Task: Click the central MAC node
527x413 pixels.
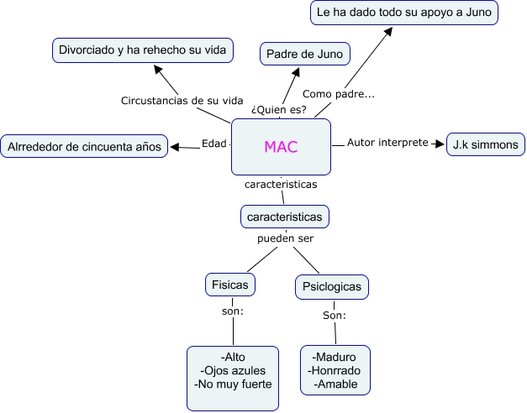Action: [x=281, y=147]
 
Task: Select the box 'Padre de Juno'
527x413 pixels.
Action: [x=305, y=54]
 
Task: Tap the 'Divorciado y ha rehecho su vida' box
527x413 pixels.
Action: [x=143, y=50]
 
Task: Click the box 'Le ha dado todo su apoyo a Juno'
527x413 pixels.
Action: [x=404, y=13]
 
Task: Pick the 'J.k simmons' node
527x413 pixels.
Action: [x=486, y=144]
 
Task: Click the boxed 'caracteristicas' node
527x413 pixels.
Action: [x=284, y=217]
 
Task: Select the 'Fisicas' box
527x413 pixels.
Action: [x=230, y=285]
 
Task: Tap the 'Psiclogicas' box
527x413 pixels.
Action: [x=332, y=287]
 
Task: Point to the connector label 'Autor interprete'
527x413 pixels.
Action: [x=387, y=143]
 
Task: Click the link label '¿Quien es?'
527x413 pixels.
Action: [x=279, y=110]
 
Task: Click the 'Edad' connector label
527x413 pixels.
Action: [x=214, y=144]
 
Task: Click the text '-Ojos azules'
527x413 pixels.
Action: [x=233, y=371]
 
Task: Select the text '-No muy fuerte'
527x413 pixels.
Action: [x=233, y=385]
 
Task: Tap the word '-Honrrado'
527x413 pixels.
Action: [x=335, y=370]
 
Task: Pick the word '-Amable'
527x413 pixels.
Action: [x=335, y=384]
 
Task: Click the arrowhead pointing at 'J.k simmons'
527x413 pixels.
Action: [x=440, y=144]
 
